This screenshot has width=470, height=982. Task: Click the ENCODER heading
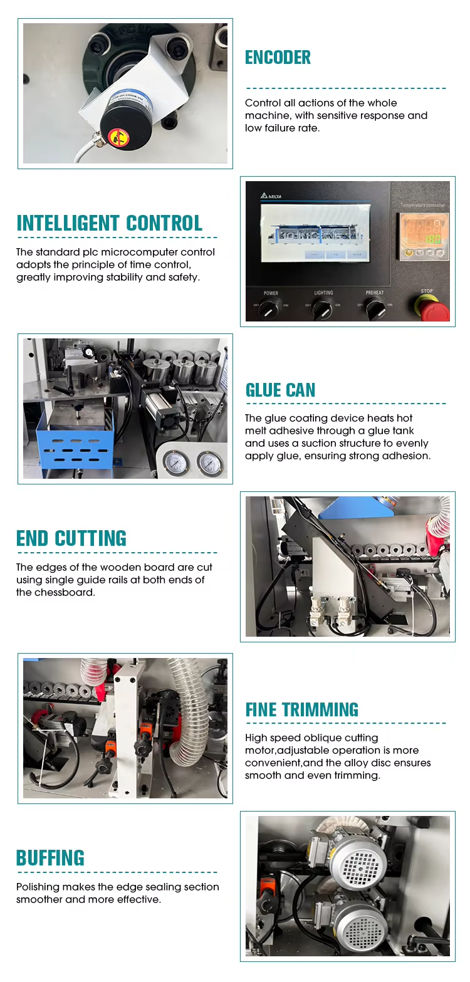[278, 58]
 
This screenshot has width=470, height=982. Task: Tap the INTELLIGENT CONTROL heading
[110, 223]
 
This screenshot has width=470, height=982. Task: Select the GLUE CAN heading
[280, 390]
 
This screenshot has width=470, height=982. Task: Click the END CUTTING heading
[71, 538]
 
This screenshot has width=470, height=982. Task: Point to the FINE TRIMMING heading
[301, 709]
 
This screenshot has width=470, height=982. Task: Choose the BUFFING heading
[50, 858]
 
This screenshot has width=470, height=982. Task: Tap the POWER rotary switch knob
[271, 308]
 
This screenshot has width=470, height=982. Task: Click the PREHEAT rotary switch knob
[375, 308]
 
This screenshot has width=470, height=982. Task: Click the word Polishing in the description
[38, 887]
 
